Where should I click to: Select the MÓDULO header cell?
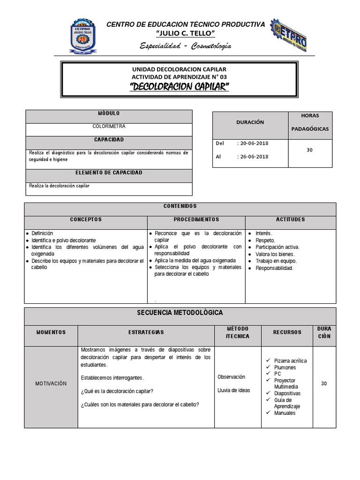point(109,114)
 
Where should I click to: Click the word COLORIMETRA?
point(109,127)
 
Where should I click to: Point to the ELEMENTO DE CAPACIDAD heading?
point(109,173)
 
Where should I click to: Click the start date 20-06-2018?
point(256,143)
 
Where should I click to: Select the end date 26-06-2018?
point(256,157)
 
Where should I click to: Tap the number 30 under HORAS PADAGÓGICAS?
point(309,150)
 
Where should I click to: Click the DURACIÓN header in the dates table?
point(250,122)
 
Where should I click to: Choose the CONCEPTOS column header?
point(86,219)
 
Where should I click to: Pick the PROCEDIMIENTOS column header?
point(196,219)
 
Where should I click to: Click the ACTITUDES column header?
point(291,219)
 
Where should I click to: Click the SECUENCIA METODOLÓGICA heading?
point(180,312)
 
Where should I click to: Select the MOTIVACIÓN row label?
point(51,383)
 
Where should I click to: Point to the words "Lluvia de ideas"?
point(234,390)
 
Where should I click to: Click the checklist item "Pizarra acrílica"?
point(291,361)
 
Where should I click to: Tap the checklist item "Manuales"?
point(285,413)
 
